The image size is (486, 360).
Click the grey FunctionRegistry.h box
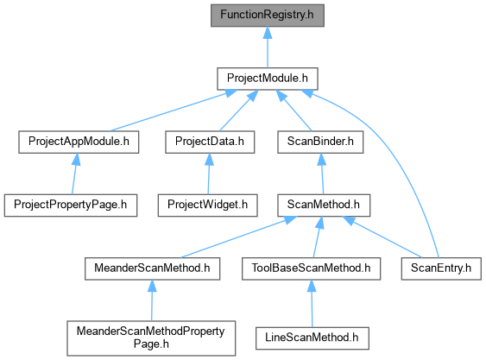[x=268, y=16]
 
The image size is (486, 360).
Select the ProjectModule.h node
[x=268, y=79]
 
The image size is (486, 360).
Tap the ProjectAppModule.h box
[x=79, y=142]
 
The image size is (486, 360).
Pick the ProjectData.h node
[x=210, y=142]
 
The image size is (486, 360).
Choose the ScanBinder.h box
[x=320, y=142]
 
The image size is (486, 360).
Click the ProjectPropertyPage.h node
[x=71, y=205]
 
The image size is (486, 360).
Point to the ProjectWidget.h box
[x=208, y=205]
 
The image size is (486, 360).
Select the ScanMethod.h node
[x=324, y=205]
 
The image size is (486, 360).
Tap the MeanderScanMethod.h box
[x=153, y=268]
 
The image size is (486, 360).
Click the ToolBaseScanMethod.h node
[x=311, y=268]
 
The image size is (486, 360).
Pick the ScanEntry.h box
[x=441, y=268]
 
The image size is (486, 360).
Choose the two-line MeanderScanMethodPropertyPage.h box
[x=151, y=338]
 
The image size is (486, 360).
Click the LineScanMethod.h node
[x=312, y=338]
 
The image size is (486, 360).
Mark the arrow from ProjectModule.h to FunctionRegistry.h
[x=268, y=47]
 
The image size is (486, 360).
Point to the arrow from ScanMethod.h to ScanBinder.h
[x=322, y=174]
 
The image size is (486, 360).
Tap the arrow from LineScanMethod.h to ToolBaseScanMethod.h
[x=312, y=304]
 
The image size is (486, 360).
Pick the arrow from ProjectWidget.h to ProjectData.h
[x=209, y=174]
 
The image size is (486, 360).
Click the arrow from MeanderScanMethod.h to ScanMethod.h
[x=238, y=237]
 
